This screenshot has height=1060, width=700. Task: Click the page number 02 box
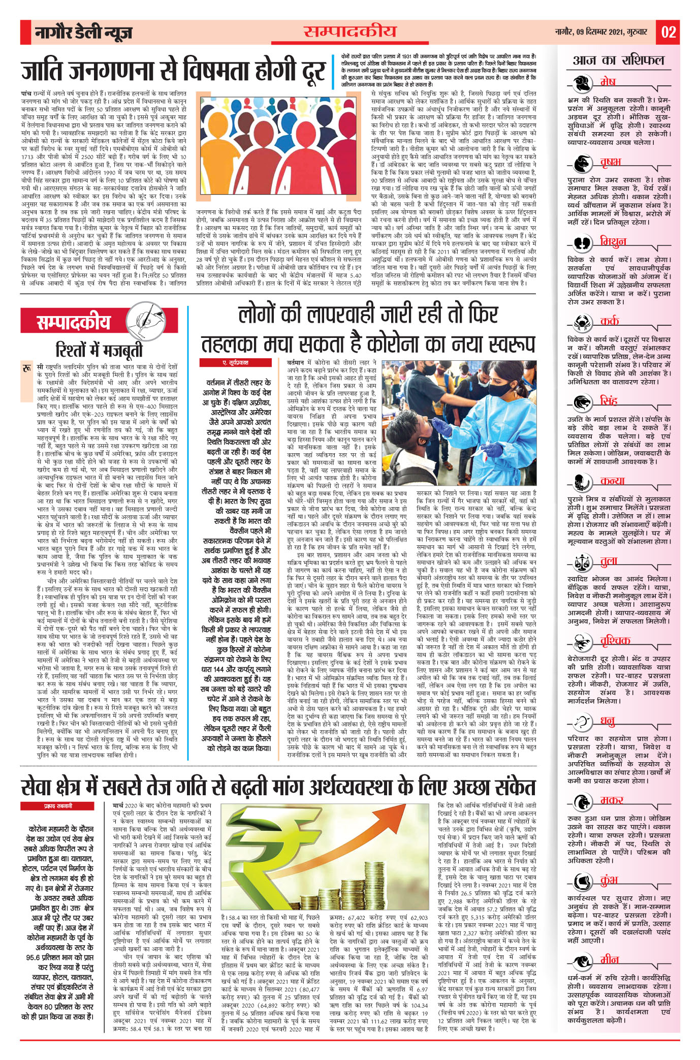tap(668, 33)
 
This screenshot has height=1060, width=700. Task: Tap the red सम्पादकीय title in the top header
tap(350, 32)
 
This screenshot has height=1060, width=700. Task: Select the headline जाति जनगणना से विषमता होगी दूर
tap(173, 72)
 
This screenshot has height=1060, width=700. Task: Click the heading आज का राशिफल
tap(618, 60)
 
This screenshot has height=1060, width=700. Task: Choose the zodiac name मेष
tap(608, 82)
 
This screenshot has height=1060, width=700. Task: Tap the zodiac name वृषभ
tap(611, 162)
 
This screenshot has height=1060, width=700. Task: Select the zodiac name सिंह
tap(609, 401)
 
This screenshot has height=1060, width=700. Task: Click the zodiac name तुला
tap(609, 561)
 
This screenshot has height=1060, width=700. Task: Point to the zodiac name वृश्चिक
tap(615, 641)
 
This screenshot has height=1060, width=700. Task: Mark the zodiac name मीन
tap(610, 960)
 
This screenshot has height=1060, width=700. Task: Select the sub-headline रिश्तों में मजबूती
tap(99, 350)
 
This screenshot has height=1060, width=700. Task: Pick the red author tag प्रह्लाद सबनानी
tap(57, 806)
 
